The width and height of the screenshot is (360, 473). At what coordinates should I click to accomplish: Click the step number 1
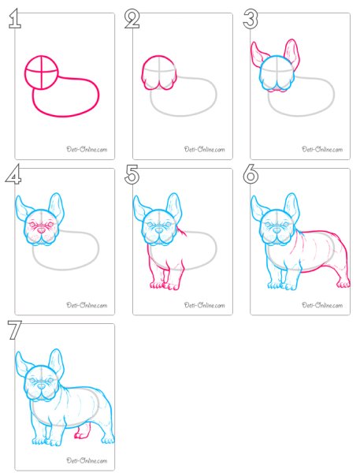tap(15, 19)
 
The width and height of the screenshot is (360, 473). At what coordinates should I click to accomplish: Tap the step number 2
tap(132, 19)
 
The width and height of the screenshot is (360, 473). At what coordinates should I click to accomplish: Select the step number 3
tap(251, 19)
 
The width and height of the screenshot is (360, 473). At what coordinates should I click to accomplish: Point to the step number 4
tap(13, 174)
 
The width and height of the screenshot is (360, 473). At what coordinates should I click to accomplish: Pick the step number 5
tap(132, 174)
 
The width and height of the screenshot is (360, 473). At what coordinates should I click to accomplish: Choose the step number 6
tap(251, 174)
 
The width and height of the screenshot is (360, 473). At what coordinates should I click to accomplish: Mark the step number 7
tap(14, 330)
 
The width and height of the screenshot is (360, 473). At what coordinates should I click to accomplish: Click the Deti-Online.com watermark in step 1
tap(87, 149)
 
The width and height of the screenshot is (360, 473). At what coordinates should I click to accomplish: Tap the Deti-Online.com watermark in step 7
tap(87, 460)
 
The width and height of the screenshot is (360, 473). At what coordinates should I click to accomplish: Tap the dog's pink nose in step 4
tap(41, 231)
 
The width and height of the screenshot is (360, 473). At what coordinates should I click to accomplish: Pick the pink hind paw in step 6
tap(343, 284)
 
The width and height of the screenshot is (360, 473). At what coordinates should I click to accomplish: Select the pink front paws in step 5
tap(164, 285)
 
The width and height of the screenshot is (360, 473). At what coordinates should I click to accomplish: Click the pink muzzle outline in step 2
tap(158, 84)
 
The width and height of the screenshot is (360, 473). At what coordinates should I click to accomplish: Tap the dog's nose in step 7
tap(41, 385)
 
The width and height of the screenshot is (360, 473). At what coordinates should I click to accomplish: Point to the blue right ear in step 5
tap(175, 208)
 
